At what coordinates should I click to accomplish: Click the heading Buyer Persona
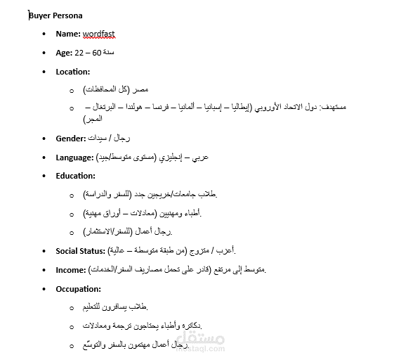[x=55, y=15]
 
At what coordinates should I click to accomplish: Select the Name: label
[x=68, y=34]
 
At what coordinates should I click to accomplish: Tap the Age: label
[x=64, y=53]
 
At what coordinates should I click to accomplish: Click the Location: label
[x=73, y=72]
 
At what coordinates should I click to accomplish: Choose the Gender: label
[x=71, y=139]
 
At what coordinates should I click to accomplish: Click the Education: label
[x=75, y=176]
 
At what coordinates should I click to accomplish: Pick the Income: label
[x=71, y=269]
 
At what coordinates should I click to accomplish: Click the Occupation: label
[x=78, y=288]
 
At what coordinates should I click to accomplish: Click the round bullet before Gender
[x=45, y=139]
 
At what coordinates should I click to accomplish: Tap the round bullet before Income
[x=45, y=269]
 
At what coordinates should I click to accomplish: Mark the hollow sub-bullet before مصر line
[x=72, y=91]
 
